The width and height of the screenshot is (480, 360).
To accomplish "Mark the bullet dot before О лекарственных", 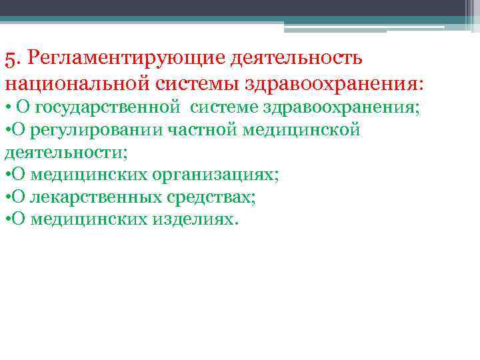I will (x=7, y=197).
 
